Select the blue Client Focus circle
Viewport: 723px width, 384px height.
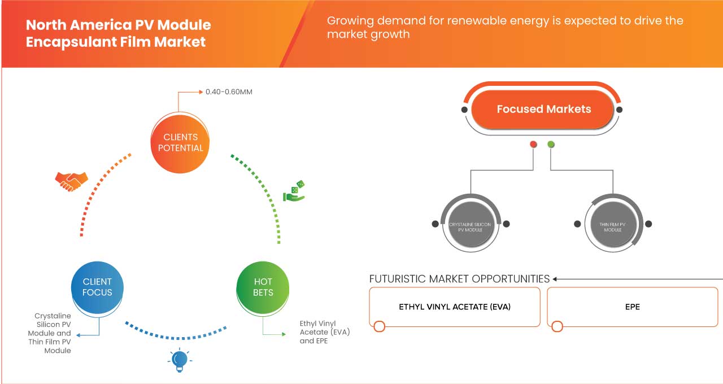tap(97, 287)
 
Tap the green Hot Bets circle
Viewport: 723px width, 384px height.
tap(263, 287)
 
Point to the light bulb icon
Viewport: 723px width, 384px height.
tap(179, 360)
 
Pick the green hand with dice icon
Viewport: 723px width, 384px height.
tap(294, 191)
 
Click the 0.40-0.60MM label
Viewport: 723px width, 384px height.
tap(229, 91)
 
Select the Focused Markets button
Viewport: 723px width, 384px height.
tap(543, 109)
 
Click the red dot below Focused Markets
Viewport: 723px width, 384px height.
tap(533, 145)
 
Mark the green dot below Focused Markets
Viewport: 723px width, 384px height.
tap(551, 145)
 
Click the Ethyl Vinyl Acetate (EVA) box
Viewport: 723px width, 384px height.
tap(454, 307)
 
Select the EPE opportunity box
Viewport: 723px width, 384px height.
tap(633, 307)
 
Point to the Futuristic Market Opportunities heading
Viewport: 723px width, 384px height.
tap(459, 279)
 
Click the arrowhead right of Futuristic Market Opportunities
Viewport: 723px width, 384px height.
tap(555, 279)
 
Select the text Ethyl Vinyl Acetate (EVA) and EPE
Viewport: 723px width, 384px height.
tap(324, 332)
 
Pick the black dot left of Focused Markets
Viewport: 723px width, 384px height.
tap(464, 109)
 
